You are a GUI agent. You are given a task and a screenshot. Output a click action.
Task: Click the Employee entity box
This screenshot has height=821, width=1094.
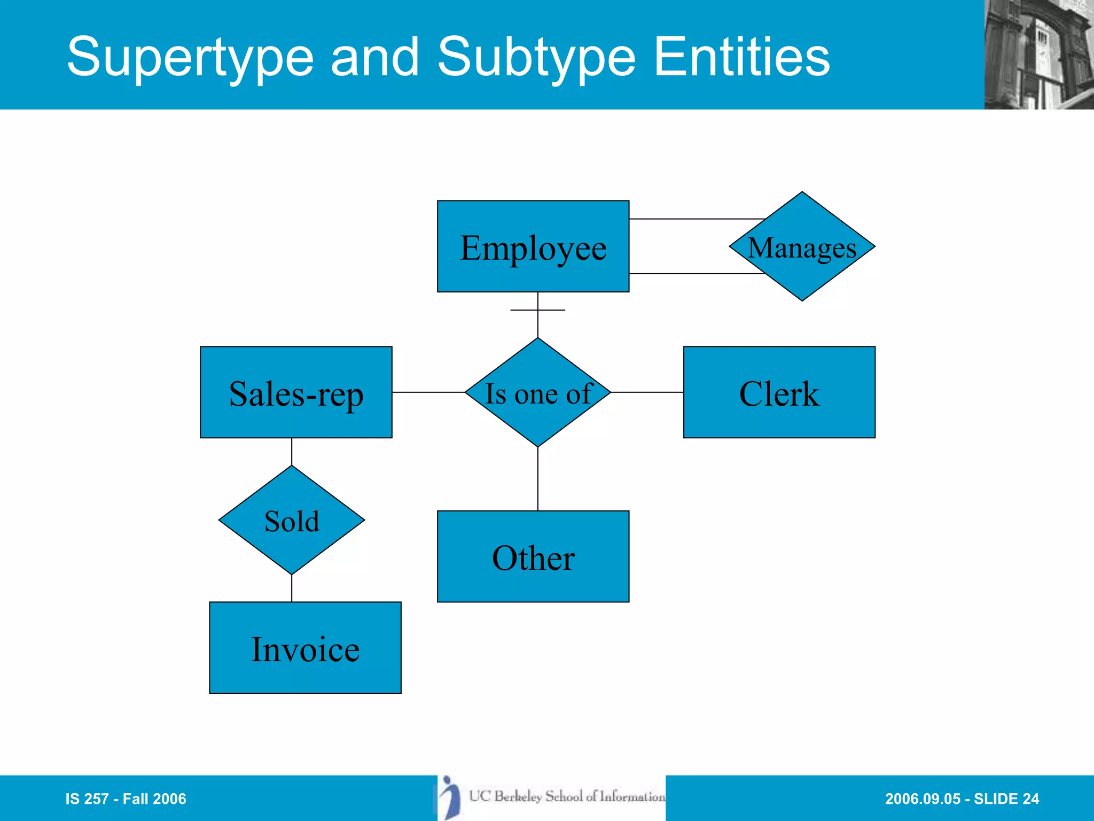coord(533,246)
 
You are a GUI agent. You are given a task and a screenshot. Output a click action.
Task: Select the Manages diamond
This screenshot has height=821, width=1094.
coord(802,246)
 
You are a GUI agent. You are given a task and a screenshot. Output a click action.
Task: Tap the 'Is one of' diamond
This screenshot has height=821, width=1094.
coord(537,392)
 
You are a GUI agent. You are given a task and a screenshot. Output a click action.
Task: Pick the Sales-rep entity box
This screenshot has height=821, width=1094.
coord(296,392)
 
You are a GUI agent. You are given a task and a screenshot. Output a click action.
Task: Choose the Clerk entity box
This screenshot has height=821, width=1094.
coord(779,392)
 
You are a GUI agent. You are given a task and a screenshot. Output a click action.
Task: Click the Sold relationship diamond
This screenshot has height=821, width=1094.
coord(292,520)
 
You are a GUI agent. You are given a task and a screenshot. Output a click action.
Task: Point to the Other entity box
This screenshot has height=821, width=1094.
coord(533,556)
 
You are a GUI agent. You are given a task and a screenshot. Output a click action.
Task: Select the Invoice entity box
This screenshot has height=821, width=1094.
coord(305,648)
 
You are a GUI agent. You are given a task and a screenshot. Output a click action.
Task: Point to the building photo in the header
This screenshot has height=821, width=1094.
coord(1038,55)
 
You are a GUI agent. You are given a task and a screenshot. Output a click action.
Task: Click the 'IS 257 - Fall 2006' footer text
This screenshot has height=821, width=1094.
coord(126,799)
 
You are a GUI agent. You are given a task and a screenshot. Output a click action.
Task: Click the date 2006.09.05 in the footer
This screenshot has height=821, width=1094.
coord(923,799)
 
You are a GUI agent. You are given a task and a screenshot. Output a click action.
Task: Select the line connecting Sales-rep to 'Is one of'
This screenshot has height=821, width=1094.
coord(428,392)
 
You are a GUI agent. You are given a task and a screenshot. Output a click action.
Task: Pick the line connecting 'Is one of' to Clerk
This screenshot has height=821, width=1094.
coord(647,392)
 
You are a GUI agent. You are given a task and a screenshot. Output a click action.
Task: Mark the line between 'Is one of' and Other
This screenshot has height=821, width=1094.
coord(537,478)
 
